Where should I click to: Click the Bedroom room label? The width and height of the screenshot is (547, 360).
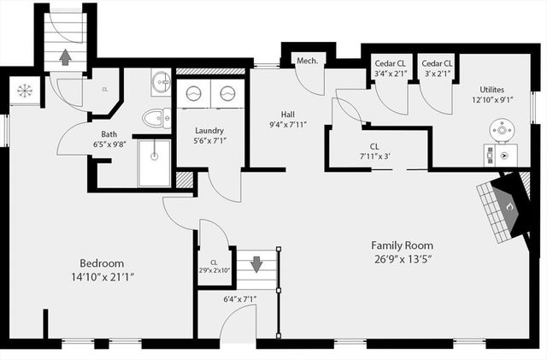point(102,263)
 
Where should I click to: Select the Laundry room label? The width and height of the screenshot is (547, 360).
point(209,131)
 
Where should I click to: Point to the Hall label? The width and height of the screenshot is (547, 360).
point(288,114)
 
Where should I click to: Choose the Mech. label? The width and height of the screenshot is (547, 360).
point(307,61)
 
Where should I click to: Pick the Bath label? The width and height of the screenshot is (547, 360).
point(109,133)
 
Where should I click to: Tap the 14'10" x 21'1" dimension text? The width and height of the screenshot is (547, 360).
point(102,276)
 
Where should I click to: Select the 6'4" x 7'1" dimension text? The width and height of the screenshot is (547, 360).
point(239,298)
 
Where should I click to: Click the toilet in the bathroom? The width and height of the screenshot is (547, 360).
point(156,118)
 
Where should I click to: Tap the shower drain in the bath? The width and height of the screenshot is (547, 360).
point(154,157)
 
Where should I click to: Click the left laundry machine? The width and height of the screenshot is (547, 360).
point(195,93)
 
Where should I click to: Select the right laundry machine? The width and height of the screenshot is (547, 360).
point(227,93)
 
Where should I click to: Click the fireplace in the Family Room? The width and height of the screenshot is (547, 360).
point(504,205)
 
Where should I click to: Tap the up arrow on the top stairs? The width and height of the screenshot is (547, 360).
point(65,57)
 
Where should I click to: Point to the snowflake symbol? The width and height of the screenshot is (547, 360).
point(23,90)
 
